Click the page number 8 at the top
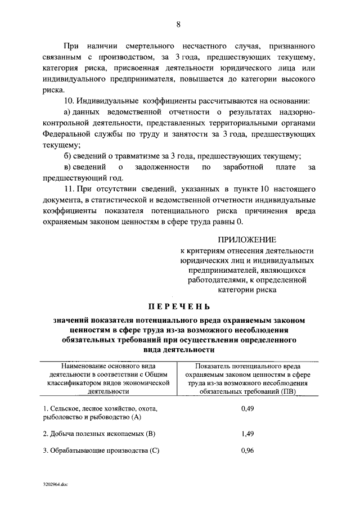[178, 24]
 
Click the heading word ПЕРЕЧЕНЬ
[178, 307]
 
